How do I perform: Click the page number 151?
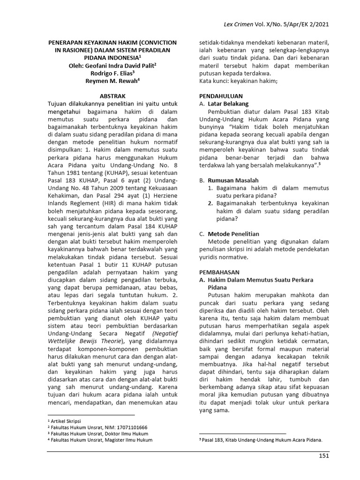click(x=323, y=456)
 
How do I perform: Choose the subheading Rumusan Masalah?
click(x=232, y=180)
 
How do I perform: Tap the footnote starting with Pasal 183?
click(x=262, y=440)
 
